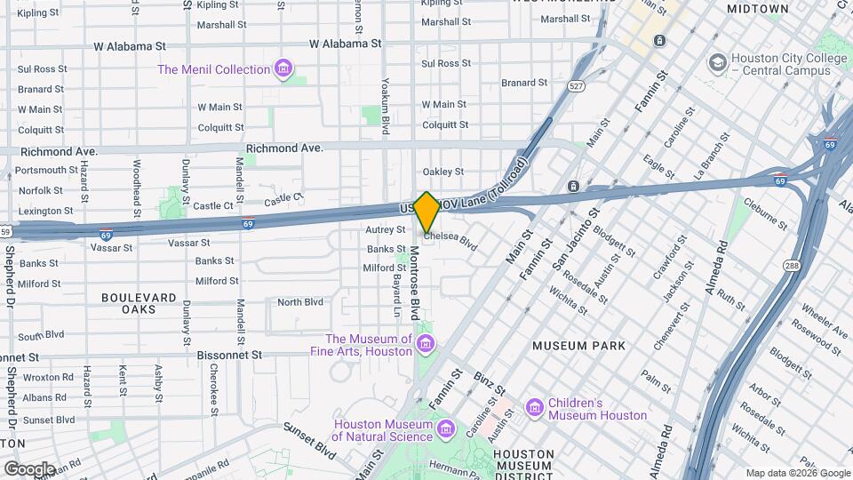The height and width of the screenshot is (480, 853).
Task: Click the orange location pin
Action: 427,212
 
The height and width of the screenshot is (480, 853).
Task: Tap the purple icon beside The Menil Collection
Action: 283,68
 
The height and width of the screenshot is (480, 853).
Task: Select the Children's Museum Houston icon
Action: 535,408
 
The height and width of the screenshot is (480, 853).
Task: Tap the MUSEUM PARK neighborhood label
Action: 578,345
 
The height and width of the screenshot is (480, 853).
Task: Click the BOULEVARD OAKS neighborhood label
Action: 140,303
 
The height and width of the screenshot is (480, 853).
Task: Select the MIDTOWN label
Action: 757,9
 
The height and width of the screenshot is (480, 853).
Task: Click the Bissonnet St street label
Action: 232,354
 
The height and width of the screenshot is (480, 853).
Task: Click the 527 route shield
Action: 577,86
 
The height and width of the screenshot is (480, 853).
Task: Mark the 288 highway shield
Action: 793,265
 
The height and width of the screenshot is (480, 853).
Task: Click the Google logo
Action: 29,468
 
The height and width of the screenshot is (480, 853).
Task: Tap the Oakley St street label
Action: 442,172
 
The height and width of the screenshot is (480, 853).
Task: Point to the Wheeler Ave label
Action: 823,319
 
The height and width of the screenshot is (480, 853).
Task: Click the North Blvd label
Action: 300,302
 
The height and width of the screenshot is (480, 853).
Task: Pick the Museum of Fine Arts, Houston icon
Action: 426,344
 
